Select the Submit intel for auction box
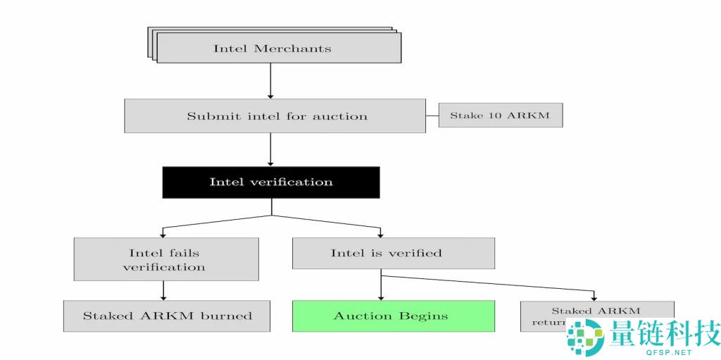(275, 116)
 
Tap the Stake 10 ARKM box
(500, 115)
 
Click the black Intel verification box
(271, 182)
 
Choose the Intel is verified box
(393, 253)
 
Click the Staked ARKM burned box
(167, 316)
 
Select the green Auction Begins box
(393, 316)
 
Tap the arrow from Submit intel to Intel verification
(270, 149)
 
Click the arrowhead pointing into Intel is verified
(380, 234)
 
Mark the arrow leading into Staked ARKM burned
(163, 291)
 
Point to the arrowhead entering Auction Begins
(381, 297)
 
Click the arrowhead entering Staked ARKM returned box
(594, 297)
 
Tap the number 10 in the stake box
(496, 115)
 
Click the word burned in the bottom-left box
(227, 316)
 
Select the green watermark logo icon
(586, 337)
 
